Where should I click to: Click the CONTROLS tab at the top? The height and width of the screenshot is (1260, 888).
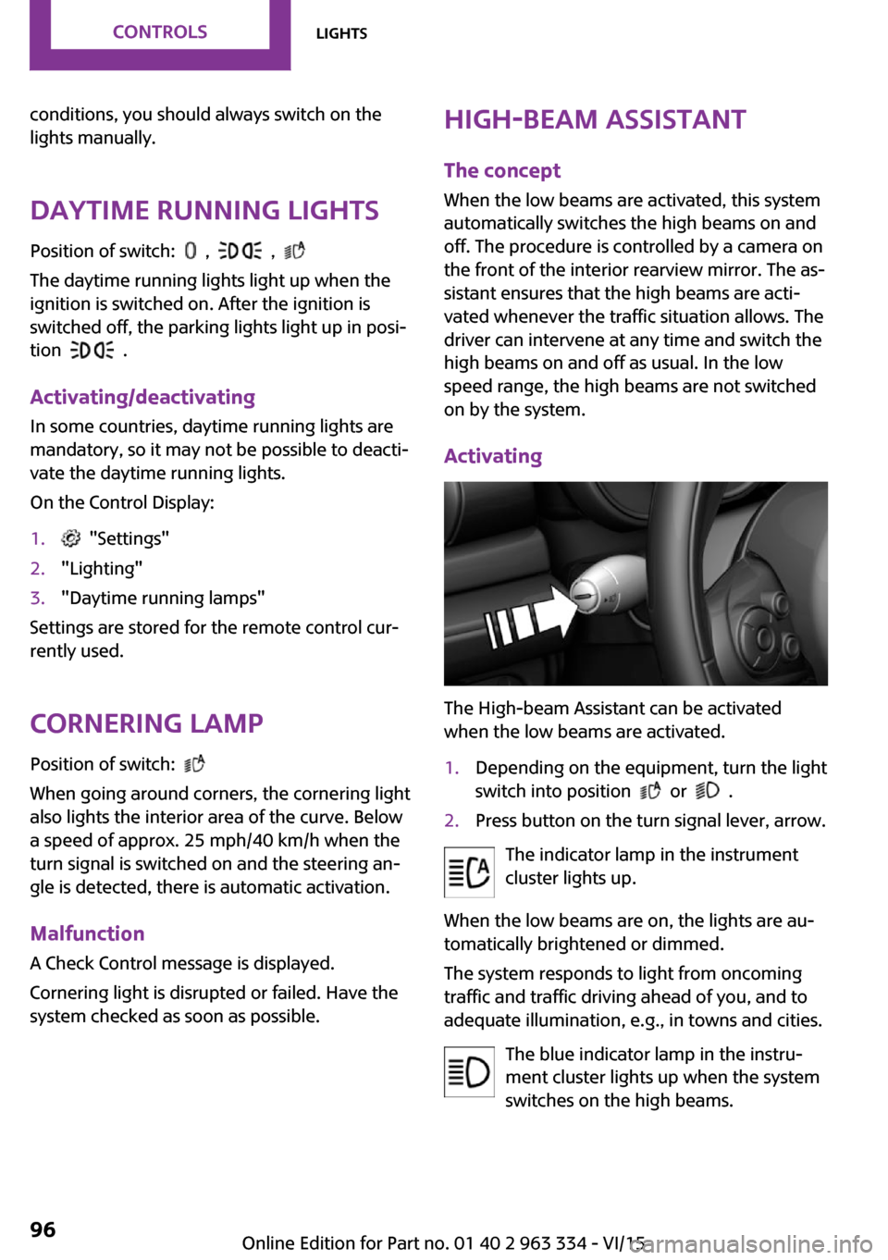pyautogui.click(x=160, y=31)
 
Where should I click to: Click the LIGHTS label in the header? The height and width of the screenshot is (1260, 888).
pyautogui.click(x=341, y=33)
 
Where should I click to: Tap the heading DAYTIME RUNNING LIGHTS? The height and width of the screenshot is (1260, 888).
pyautogui.click(x=204, y=211)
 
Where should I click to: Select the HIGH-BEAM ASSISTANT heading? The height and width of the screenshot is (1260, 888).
pyautogui.click(x=595, y=120)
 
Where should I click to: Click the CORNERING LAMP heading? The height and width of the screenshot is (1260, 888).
pyautogui.click(x=146, y=723)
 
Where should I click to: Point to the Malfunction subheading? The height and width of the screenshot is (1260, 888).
pyautogui.click(x=87, y=933)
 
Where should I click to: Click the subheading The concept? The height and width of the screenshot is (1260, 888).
pyautogui.click(x=502, y=170)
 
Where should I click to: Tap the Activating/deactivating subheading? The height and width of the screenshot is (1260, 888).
pyautogui.click(x=142, y=397)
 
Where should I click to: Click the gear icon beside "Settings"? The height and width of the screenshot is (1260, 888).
pyautogui.click(x=71, y=538)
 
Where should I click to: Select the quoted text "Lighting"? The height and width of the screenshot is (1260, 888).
pyautogui.click(x=102, y=568)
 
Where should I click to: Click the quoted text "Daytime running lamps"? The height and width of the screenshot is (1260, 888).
pyautogui.click(x=163, y=598)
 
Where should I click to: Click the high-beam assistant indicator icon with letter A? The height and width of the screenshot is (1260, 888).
pyautogui.click(x=469, y=871)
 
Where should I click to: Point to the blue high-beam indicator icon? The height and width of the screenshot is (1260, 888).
pyautogui.click(x=469, y=1071)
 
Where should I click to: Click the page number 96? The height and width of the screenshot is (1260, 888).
pyautogui.click(x=43, y=1229)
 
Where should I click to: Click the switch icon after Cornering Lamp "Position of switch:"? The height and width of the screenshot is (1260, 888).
pyautogui.click(x=194, y=764)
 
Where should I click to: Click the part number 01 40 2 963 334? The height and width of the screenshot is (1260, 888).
pyautogui.click(x=520, y=1242)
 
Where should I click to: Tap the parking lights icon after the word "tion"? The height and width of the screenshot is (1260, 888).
pyautogui.click(x=92, y=351)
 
